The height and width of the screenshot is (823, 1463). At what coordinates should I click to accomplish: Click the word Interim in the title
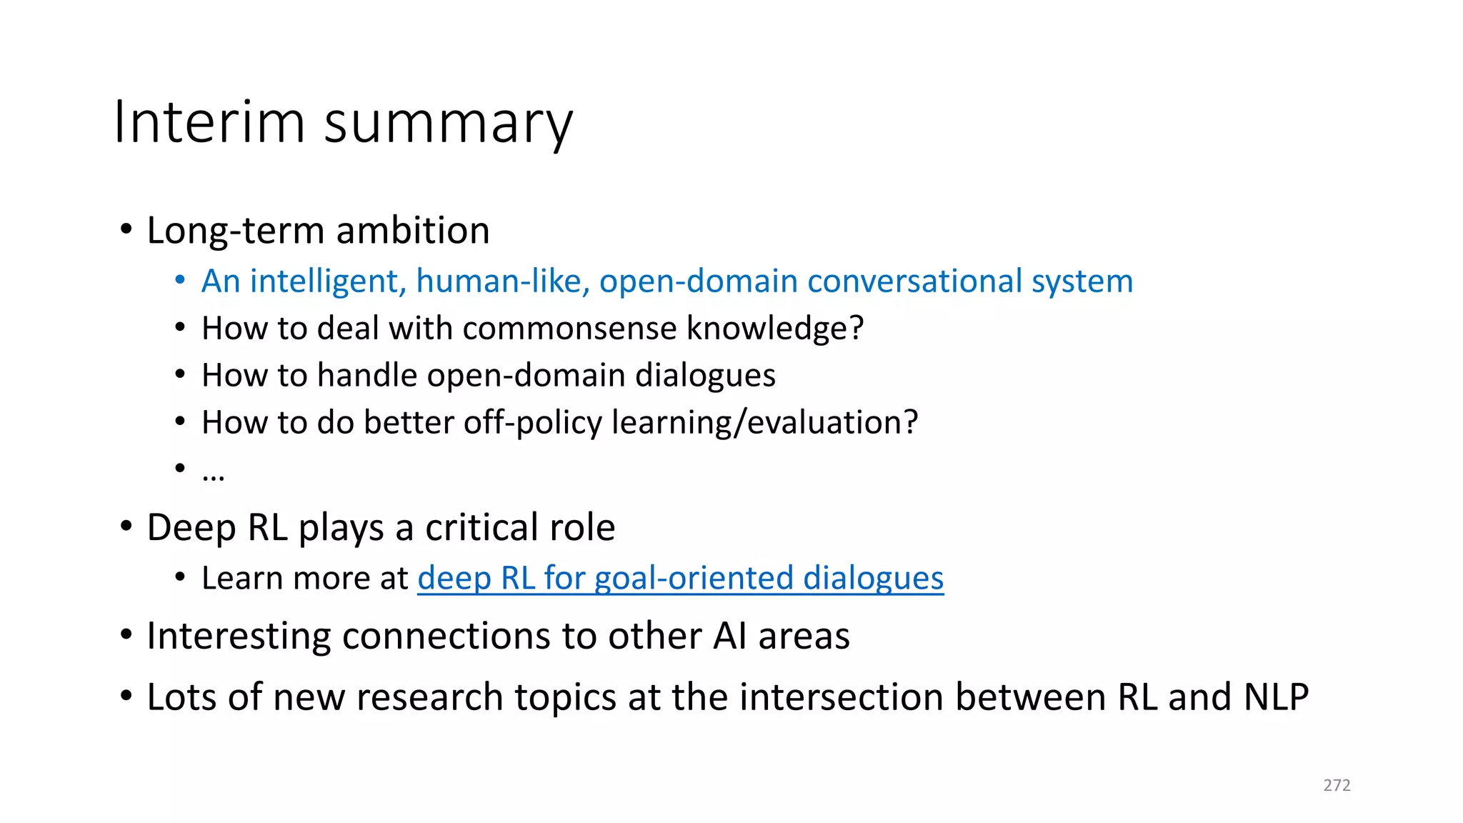coord(209,122)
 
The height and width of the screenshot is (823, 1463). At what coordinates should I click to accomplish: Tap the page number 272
coord(1337,785)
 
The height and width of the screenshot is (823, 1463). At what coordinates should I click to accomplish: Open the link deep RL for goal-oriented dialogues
coord(680,578)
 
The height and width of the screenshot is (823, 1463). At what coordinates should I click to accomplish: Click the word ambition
coord(413,231)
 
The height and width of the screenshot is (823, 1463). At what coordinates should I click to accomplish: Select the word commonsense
coord(569,329)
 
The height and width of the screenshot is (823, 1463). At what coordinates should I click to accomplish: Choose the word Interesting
coord(239,636)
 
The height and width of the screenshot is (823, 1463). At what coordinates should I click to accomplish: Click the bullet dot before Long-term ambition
coord(126,231)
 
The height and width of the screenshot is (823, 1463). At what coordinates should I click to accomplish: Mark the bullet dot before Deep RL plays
coord(126,527)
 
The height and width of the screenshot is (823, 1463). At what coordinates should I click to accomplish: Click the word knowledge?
coord(774,329)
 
